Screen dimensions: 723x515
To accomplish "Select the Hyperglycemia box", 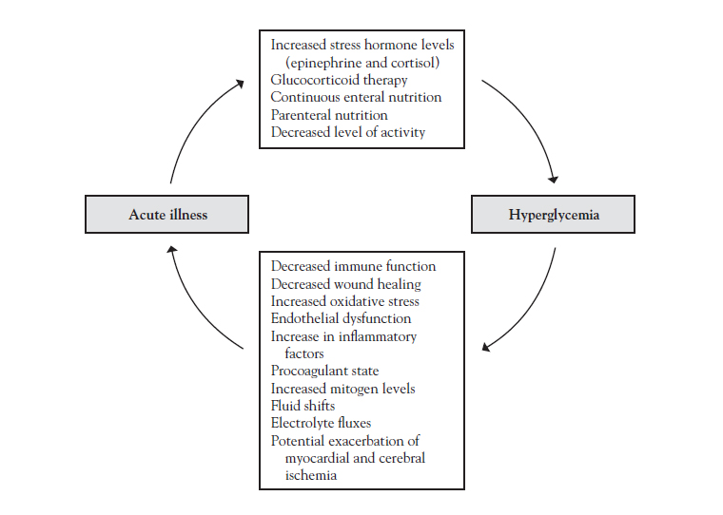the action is click(553, 214).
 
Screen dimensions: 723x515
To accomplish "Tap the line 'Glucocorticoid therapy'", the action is click(339, 80).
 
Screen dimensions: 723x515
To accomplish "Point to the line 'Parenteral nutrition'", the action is click(329, 115).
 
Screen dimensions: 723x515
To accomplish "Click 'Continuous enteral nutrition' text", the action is click(356, 97).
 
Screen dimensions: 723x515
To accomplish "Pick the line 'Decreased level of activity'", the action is click(347, 132).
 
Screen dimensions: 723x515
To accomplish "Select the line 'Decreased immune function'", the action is click(353, 266).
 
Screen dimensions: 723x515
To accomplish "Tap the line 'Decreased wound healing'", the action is click(346, 284).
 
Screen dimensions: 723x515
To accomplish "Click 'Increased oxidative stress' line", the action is click(345, 301).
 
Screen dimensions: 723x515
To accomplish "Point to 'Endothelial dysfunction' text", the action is click(341, 318).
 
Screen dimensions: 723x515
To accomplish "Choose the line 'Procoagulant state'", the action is click(324, 371).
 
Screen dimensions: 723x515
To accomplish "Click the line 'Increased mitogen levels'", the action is click(342, 389).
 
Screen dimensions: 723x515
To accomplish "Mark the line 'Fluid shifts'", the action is click(303, 406).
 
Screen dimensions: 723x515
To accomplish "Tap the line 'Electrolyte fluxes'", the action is click(321, 423).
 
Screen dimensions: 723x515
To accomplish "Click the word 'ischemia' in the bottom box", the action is click(311, 475).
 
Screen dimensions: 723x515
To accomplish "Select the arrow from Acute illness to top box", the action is click(194, 121).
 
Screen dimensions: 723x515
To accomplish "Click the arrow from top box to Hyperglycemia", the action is click(530, 121).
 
